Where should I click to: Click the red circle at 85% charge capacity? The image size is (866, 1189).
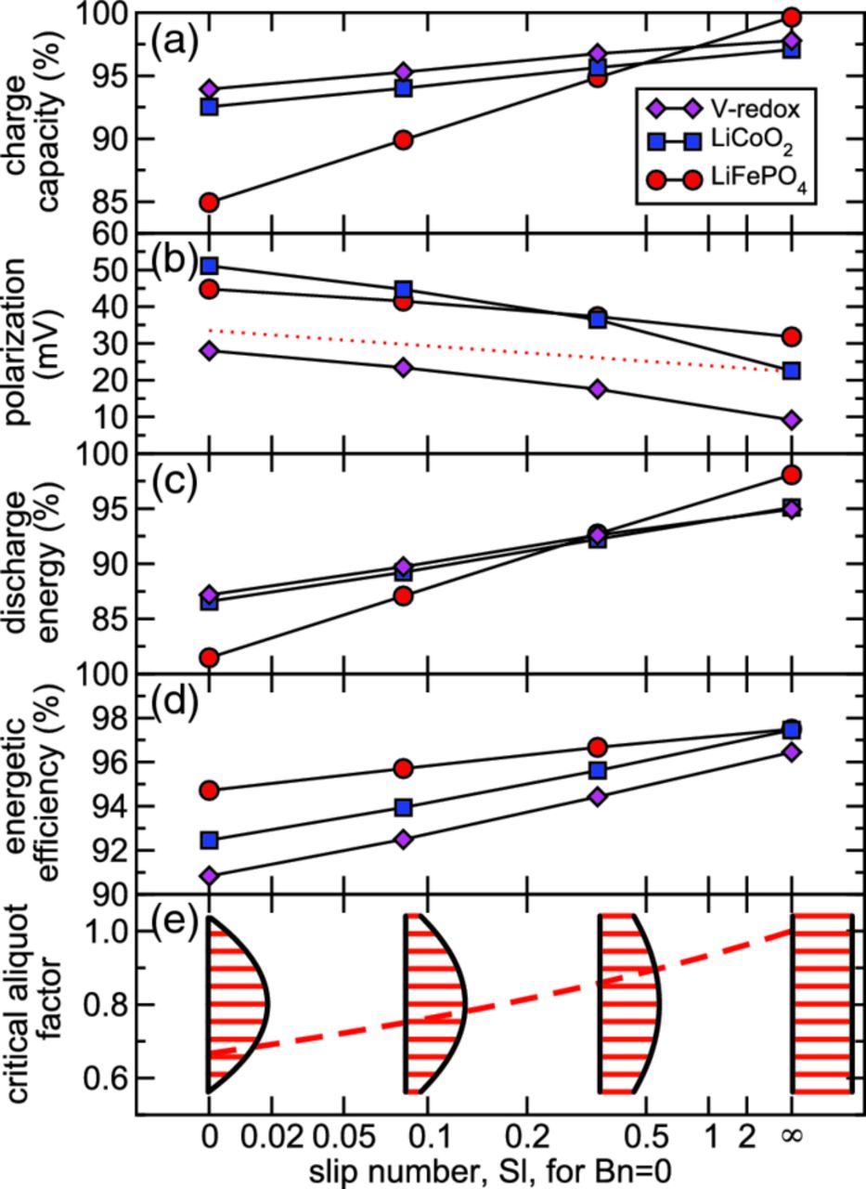pyautogui.click(x=209, y=202)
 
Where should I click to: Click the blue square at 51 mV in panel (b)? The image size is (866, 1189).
pyautogui.click(x=209, y=266)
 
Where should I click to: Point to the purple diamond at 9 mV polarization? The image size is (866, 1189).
pyautogui.click(x=792, y=420)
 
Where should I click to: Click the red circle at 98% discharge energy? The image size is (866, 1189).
pyautogui.click(x=792, y=475)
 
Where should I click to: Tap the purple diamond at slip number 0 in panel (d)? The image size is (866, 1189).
pyautogui.click(x=209, y=876)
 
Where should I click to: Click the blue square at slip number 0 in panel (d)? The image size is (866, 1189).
pyautogui.click(x=209, y=840)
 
